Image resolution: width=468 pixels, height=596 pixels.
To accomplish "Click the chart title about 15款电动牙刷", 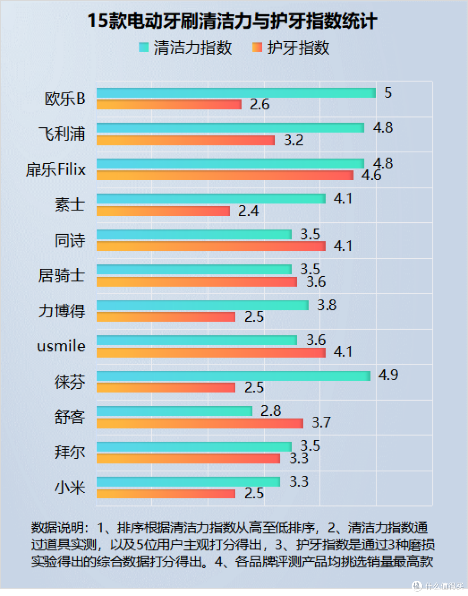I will (232, 21).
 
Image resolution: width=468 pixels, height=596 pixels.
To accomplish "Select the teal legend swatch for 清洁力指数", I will (143, 47).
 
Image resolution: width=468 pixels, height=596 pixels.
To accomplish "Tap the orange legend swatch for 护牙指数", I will (257, 47).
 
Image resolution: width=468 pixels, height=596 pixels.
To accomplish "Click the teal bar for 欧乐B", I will (236, 92).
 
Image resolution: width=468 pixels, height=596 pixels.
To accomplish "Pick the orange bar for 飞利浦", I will (185, 140).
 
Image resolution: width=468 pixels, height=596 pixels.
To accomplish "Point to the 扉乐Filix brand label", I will (56, 169).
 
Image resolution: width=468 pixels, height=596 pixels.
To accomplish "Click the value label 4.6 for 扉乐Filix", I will (371, 175).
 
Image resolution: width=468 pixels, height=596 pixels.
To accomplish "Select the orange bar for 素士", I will (163, 211).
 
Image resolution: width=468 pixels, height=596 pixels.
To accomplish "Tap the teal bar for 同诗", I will (194, 234).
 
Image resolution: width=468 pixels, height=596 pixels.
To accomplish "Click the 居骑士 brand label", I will (61, 276).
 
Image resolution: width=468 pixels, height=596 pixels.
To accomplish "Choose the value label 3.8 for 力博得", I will (327, 305).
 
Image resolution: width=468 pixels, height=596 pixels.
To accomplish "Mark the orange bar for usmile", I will (211, 352).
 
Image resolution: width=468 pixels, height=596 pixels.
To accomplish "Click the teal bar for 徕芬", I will (233, 376).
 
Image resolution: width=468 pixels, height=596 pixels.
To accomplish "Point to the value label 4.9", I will (388, 375).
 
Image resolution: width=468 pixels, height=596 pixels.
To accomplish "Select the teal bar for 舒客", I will (174, 411).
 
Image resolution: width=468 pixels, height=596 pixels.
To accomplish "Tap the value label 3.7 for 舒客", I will (321, 422).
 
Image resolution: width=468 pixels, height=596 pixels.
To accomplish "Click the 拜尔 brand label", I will (69, 452).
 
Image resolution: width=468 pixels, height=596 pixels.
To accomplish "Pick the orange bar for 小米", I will (166, 494).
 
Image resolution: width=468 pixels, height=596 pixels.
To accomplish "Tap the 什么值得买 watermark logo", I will (417, 586).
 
